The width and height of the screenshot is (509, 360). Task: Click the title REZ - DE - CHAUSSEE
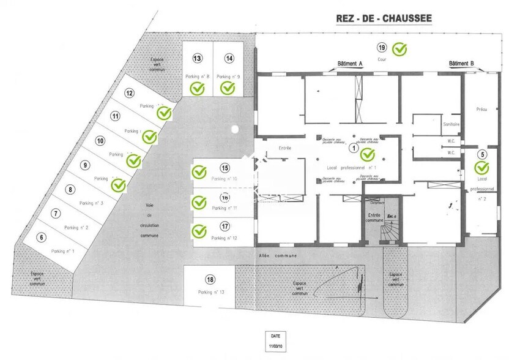[x=381, y=18]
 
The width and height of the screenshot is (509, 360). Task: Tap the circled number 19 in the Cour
[x=382, y=48]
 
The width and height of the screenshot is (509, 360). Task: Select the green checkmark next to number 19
[x=399, y=48]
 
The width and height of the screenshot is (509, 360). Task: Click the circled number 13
[x=197, y=58]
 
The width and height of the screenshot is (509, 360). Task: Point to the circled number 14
[x=229, y=58]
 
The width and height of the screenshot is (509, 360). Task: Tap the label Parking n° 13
[x=211, y=292]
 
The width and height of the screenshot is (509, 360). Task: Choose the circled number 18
[x=210, y=280]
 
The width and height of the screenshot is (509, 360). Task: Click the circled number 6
[x=42, y=238]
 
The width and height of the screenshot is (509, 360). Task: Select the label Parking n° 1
[x=64, y=251]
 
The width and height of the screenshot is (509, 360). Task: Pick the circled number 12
[x=129, y=94]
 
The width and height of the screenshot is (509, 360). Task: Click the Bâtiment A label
[x=351, y=64]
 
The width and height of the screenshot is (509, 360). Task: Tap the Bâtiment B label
[x=462, y=64]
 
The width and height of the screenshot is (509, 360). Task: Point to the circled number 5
[x=482, y=155]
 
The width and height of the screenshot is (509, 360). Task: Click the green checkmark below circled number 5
[x=482, y=167]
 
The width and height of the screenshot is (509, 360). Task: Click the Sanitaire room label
[x=451, y=125]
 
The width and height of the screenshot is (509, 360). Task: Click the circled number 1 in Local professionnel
[x=352, y=147]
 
